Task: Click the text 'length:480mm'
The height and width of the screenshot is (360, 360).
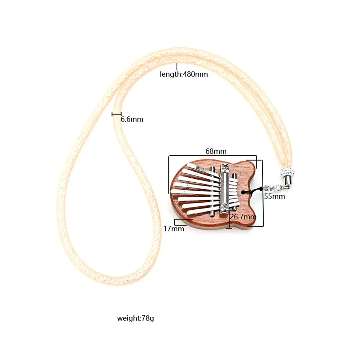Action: pyautogui.click(x=184, y=74)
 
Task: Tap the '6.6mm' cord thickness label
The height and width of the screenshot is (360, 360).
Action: pyautogui.click(x=132, y=119)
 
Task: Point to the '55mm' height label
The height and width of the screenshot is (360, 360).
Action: pyautogui.click(x=274, y=196)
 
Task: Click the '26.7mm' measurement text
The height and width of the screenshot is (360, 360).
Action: pyautogui.click(x=243, y=217)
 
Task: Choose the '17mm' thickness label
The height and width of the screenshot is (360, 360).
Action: pyautogui.click(x=174, y=228)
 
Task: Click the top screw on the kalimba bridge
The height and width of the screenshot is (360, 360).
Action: pyautogui.click(x=225, y=168)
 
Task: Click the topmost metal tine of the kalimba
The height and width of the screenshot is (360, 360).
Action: pyautogui.click(x=201, y=168)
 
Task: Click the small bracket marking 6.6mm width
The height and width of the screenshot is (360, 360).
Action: pyautogui.click(x=116, y=114)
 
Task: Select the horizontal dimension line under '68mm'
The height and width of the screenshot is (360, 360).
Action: pyautogui.click(x=212, y=156)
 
